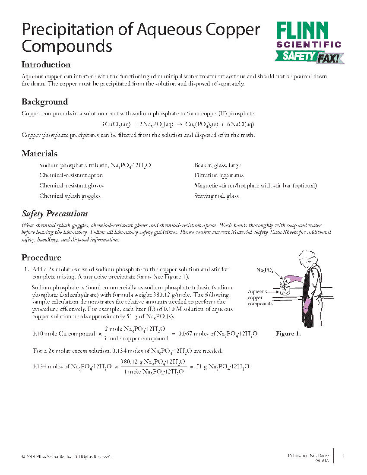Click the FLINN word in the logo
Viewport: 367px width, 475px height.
tap(302, 31)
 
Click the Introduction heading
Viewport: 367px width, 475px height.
tap(46, 65)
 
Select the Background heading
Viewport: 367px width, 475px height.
tap(45, 102)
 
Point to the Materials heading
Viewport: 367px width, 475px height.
tap(40, 154)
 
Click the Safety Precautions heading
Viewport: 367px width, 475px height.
tap(55, 214)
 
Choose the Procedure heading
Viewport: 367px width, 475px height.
tap(41, 258)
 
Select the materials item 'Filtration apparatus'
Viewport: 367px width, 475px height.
tap(219, 175)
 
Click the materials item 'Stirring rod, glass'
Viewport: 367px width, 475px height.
tap(216, 196)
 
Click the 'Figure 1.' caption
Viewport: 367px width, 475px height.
tap(288, 334)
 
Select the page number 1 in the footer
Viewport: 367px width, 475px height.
tap(343, 456)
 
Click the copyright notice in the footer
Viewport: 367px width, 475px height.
tap(66, 456)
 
